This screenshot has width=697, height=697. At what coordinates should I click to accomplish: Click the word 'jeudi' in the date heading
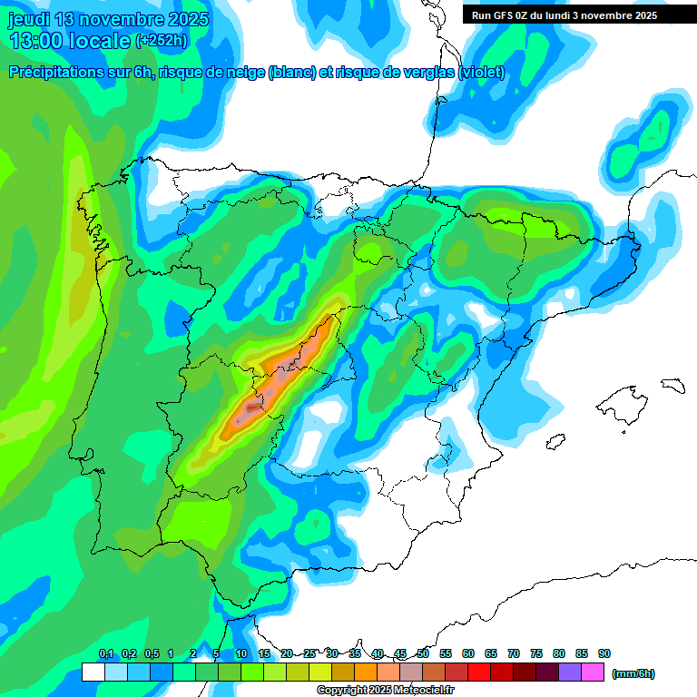coord(28,19)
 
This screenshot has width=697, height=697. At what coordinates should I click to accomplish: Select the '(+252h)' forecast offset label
coord(163,41)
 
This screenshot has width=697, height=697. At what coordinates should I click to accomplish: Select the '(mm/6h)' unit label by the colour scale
coord(633,673)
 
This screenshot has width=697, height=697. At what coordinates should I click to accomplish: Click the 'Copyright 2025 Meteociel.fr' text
coord(385,690)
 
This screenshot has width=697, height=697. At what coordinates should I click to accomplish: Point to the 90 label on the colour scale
coord(604,653)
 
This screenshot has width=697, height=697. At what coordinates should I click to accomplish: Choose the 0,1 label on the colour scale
coord(106,653)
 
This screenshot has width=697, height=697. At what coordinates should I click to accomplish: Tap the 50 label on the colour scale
coord(423,653)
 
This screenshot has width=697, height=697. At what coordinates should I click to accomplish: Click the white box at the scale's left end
coord(93,672)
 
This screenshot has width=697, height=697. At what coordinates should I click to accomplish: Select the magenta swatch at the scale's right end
coord(594,672)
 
